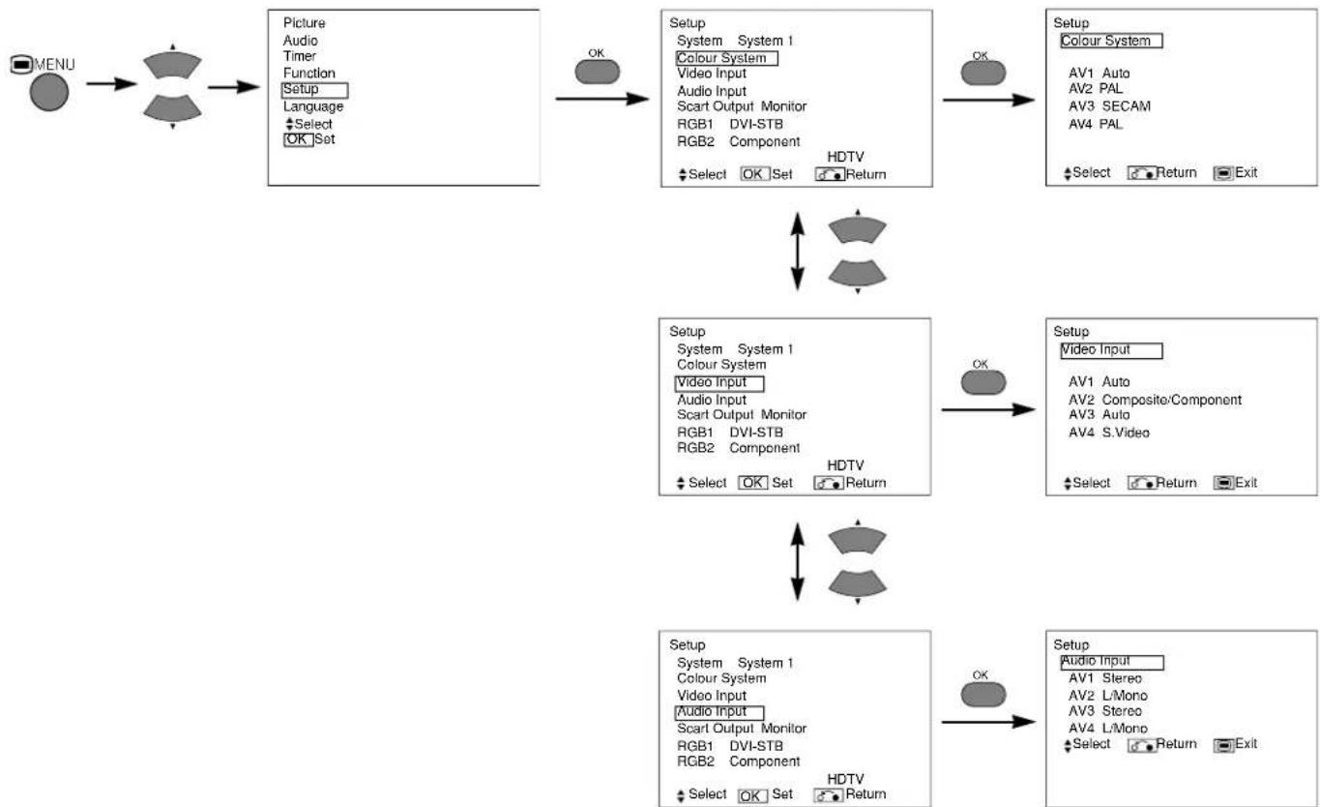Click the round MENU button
pos(49,92)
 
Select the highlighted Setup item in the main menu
pos(314,90)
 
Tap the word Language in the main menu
pos(313,106)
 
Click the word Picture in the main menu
pos(304,23)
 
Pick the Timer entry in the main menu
pos(300,56)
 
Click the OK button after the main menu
pos(597,72)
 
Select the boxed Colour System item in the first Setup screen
pos(726,58)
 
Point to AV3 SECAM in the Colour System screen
pos(1109,106)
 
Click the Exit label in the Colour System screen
pos(1246,172)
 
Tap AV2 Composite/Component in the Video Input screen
pos(1155,400)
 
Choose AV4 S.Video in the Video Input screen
pos(1108,433)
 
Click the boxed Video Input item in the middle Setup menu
pos(719,384)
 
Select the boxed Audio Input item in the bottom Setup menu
pos(719,713)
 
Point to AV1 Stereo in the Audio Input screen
pos(1105,678)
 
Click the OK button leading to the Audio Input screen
pos(983,695)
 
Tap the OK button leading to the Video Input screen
pos(983,382)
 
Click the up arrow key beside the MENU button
pos(172,64)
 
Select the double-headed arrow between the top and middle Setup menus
pos(797,252)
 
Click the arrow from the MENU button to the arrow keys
pos(112,84)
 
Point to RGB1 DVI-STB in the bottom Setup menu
pos(729,746)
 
